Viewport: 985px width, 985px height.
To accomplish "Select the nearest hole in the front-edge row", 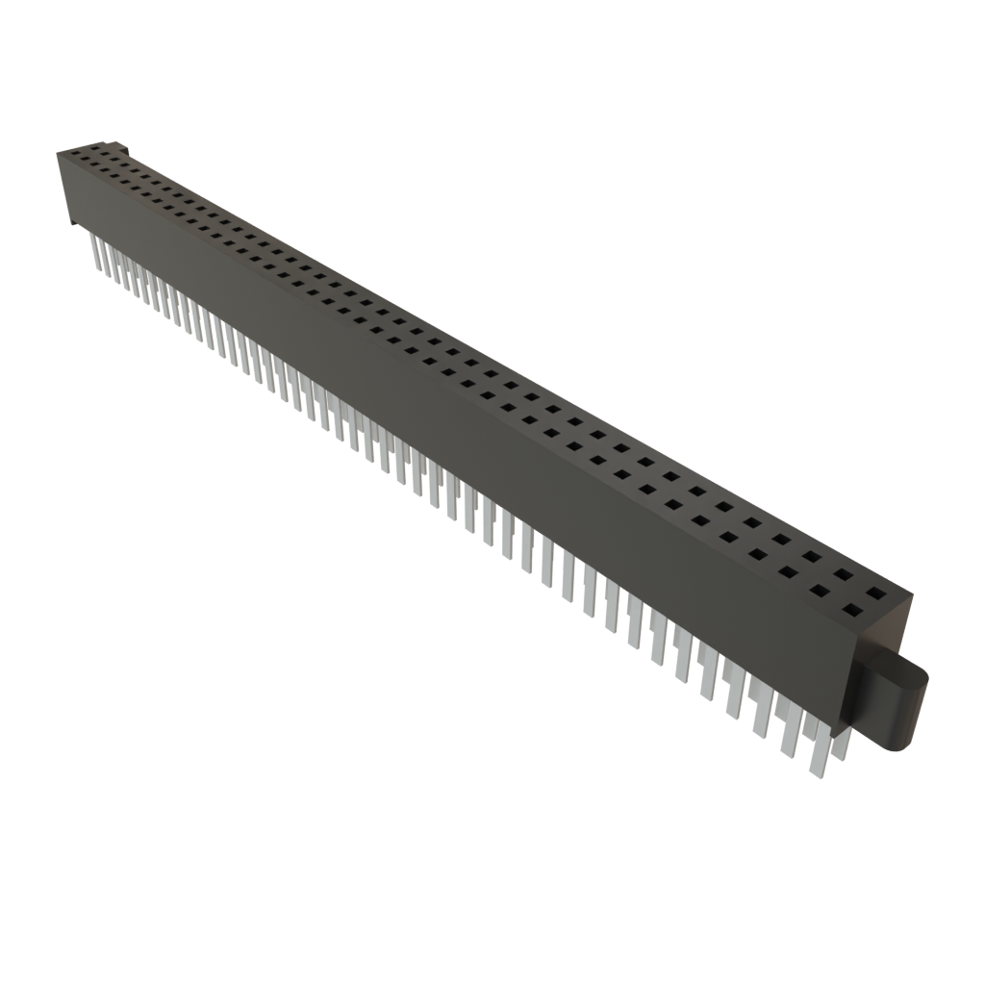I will point(853,608).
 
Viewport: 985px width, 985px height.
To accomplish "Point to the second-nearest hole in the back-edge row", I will point(844,575).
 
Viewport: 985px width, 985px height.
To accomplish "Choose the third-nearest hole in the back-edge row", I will point(813,557).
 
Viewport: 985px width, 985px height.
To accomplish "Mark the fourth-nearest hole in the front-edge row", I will point(759,554).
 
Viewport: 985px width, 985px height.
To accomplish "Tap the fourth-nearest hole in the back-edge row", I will point(782,540).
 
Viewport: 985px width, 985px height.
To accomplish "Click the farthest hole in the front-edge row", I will point(72,152).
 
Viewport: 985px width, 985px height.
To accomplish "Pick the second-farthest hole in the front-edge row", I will point(85,160).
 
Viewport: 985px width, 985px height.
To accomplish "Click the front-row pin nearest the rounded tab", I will point(819,756).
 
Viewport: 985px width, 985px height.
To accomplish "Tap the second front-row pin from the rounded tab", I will point(789,739).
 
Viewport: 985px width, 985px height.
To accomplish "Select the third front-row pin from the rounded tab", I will point(761,721).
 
